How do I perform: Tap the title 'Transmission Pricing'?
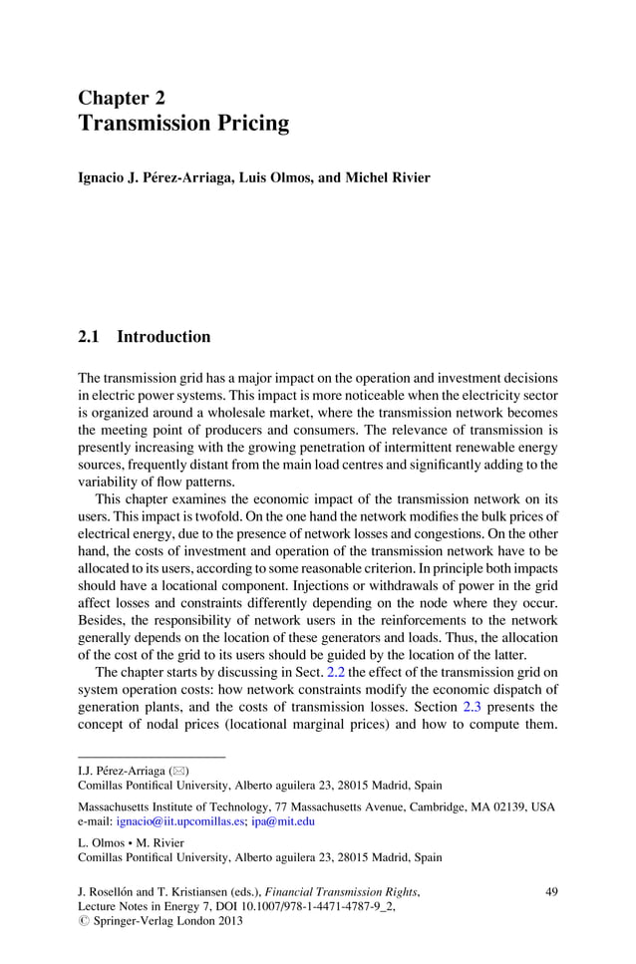coord(183,124)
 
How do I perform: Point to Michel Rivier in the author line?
coord(388,177)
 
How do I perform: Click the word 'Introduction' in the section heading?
coord(163,337)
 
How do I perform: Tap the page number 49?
coord(551,890)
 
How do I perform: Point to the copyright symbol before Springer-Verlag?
coord(83,921)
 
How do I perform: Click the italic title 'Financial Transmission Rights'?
coord(342,890)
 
